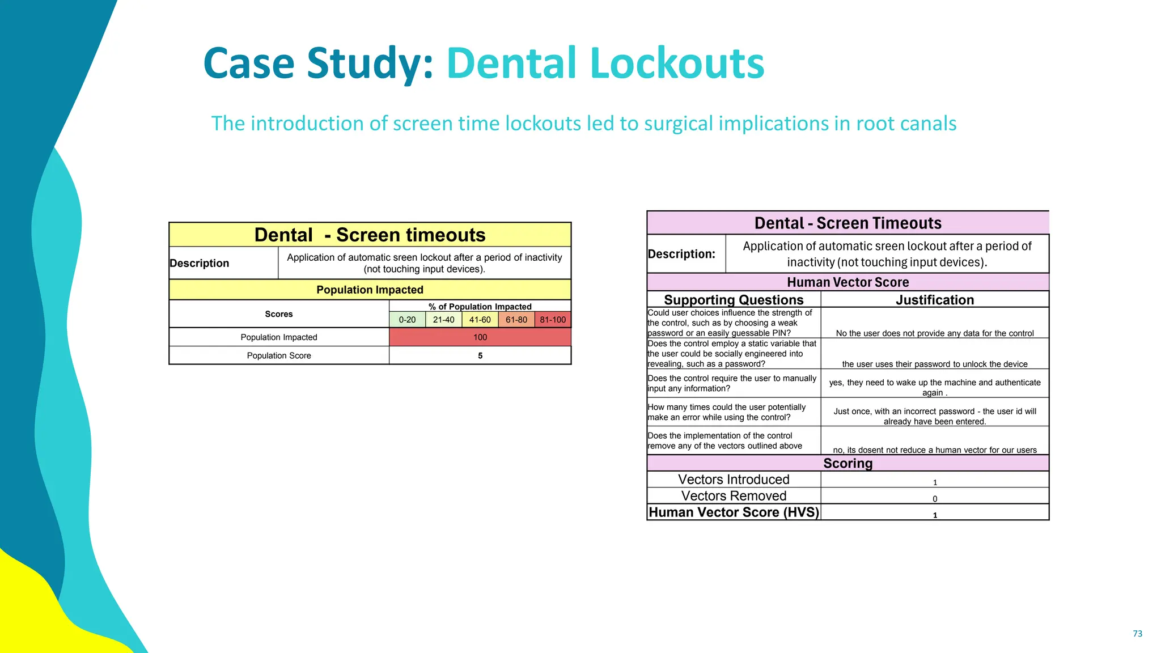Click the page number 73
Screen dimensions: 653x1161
pyautogui.click(x=1137, y=634)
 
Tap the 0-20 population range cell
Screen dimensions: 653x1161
pyautogui.click(x=407, y=320)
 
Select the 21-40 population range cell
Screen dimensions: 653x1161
pyautogui.click(x=443, y=320)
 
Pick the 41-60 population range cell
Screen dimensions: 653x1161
pyautogui.click(x=480, y=320)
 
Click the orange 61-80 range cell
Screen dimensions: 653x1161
pyautogui.click(x=516, y=320)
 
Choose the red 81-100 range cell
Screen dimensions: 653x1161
pyautogui.click(x=553, y=320)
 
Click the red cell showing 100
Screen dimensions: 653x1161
pyautogui.click(x=480, y=337)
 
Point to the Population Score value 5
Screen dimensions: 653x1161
pyautogui.click(x=480, y=355)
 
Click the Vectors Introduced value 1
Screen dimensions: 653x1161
pyautogui.click(x=935, y=482)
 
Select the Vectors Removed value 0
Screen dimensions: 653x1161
pyautogui.click(x=935, y=499)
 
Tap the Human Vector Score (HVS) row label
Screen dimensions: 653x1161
pyautogui.click(x=734, y=512)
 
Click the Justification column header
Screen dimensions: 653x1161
pyautogui.click(x=935, y=300)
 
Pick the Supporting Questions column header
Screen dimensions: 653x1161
pyautogui.click(x=734, y=300)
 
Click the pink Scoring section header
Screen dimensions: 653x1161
pyautogui.click(x=848, y=463)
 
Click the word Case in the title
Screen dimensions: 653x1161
pyautogui.click(x=249, y=63)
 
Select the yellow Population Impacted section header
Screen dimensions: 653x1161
pyautogui.click(x=370, y=290)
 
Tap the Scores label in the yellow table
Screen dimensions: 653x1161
pyautogui.click(x=279, y=314)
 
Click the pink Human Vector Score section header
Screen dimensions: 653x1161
pyautogui.click(x=848, y=282)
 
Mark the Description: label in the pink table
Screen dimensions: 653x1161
pyautogui.click(x=681, y=254)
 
